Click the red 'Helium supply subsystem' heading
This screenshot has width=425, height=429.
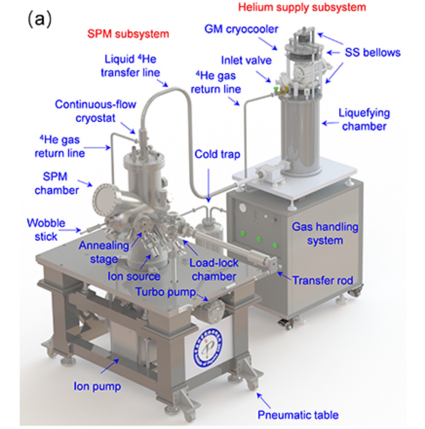point(302,7)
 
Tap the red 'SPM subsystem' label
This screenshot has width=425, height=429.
point(128,34)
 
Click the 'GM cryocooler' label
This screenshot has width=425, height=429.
point(241,29)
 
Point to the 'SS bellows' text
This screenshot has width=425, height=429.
point(372,52)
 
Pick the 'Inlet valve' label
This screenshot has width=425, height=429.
point(246,60)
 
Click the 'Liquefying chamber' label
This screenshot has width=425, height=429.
point(364,119)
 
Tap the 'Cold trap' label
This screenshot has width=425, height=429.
point(217,154)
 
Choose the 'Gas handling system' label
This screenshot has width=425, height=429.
point(325,233)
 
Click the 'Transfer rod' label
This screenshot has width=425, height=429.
point(323,280)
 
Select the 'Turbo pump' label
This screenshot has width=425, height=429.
point(166,292)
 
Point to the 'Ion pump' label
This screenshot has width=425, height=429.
point(97,386)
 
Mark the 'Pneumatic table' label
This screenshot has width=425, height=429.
point(298,415)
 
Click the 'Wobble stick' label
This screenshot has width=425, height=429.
point(46,229)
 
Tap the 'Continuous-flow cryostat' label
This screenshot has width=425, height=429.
point(96,111)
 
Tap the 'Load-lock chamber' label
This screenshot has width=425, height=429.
point(214,270)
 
